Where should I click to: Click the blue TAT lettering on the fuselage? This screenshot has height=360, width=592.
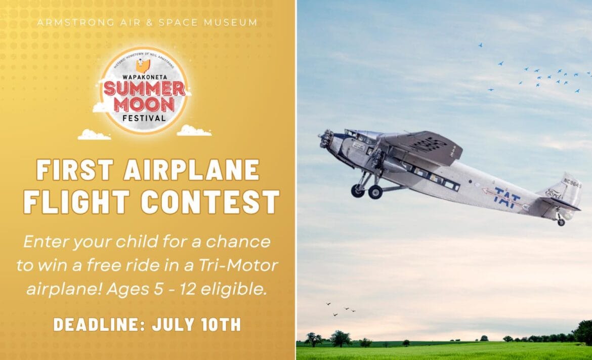coord(507,197)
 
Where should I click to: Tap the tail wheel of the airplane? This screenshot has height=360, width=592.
coord(561,222)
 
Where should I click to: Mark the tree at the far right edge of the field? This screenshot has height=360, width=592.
coord(584,331)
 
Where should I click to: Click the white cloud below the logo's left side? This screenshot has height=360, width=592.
coord(94,135)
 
